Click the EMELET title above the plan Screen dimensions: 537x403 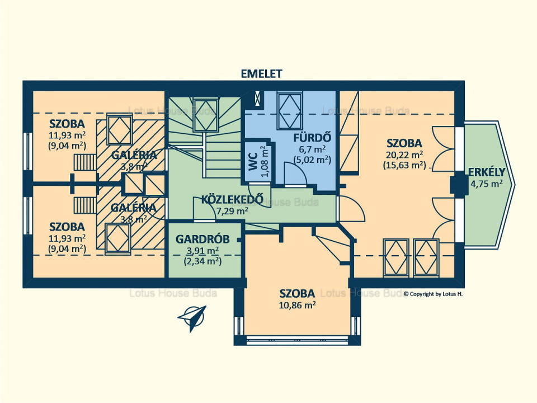click(262, 74)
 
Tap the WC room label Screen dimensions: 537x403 click(253, 161)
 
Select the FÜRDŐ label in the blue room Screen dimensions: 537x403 click(312, 138)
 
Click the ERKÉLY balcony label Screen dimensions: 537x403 click(487, 172)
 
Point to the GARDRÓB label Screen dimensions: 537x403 click(202, 239)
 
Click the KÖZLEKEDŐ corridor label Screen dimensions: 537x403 click(232, 199)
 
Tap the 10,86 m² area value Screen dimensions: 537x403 click(297, 305)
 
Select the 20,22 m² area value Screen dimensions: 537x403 click(404, 155)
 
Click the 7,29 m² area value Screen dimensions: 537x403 click(232, 211)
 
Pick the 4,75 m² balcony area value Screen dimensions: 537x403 click(487, 184)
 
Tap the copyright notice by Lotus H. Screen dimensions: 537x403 click(433, 294)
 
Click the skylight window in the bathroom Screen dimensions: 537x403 click(290, 111)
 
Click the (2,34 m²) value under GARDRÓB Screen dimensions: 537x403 click(202, 261)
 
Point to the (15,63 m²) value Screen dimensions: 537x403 click(404, 165)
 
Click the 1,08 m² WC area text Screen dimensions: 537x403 click(265, 161)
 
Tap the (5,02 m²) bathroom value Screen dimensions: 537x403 click(312, 160)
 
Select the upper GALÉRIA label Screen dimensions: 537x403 click(134, 155)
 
